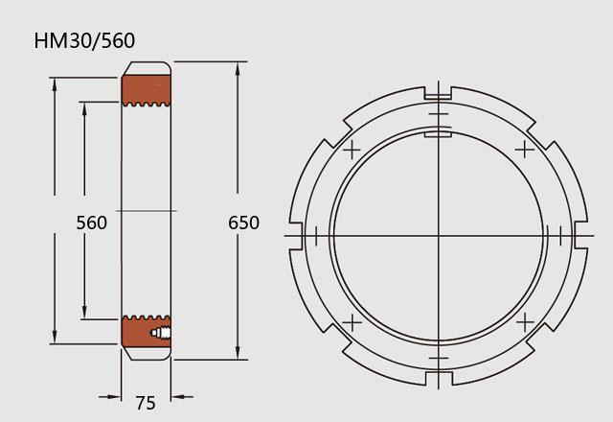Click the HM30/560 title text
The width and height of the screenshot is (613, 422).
84,40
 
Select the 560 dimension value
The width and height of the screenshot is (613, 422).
92,223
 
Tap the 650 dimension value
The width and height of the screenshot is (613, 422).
243,223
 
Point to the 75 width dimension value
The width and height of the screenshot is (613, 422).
146,403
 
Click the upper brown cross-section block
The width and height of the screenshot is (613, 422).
147,90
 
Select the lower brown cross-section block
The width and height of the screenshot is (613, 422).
147,332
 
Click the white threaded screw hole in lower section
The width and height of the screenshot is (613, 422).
161,333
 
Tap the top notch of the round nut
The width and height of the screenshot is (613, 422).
439,93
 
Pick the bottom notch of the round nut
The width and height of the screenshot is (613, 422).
439,379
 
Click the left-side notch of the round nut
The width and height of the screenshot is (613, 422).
296,236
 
